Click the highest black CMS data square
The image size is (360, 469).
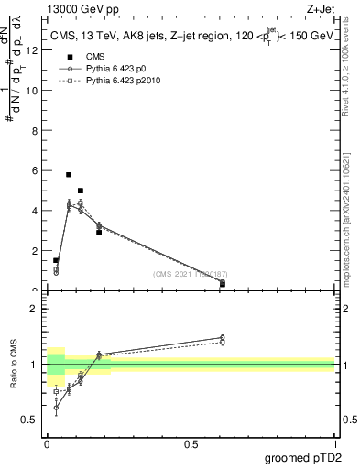click(x=69, y=174)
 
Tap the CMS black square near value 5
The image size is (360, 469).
click(x=81, y=191)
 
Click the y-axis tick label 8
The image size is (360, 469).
click(x=36, y=130)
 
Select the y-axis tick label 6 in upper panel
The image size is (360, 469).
click(x=36, y=170)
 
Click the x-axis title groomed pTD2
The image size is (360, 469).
click(x=303, y=458)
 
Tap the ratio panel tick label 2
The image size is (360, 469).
click(x=36, y=309)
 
